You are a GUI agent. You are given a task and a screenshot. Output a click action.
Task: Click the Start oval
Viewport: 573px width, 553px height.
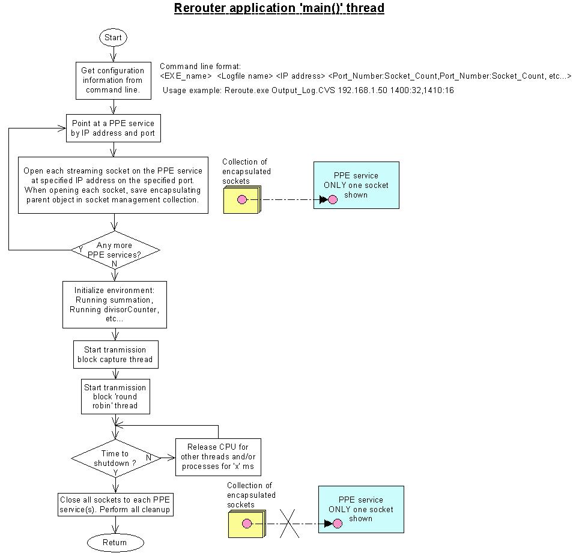[113, 38]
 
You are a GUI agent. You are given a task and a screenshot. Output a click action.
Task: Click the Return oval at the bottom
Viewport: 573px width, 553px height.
[115, 542]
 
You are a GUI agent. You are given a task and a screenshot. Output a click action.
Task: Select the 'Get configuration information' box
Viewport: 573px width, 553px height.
[114, 80]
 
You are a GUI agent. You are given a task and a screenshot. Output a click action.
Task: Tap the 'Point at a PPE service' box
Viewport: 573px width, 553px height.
[114, 128]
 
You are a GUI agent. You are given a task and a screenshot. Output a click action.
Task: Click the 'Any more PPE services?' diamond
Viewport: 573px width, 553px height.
[115, 250]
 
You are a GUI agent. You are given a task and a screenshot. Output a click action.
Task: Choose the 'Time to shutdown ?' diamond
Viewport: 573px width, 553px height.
[116, 458]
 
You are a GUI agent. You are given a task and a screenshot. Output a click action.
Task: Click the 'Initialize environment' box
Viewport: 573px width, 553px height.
[115, 304]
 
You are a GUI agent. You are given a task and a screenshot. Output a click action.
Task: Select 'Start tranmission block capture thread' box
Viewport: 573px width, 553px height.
[116, 354]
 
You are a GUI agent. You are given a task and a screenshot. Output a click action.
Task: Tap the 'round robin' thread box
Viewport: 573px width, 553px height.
[115, 396]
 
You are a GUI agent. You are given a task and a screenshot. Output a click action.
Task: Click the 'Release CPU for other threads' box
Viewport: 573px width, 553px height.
[218, 457]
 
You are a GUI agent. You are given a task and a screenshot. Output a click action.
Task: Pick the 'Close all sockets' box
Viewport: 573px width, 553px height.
[115, 504]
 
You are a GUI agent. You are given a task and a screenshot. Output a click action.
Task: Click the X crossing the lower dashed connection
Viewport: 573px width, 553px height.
[290, 524]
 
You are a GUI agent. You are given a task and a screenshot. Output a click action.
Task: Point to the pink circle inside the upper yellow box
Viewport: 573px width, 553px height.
[242, 199]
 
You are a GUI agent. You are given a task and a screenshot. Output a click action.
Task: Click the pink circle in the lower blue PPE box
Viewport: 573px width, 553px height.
[338, 524]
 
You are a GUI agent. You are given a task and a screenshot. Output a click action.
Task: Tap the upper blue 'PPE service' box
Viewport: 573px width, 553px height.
[356, 185]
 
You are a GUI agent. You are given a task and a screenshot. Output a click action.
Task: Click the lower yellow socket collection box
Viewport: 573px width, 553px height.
[247, 524]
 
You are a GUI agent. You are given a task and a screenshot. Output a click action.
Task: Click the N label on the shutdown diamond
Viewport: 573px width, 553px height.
[149, 458]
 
